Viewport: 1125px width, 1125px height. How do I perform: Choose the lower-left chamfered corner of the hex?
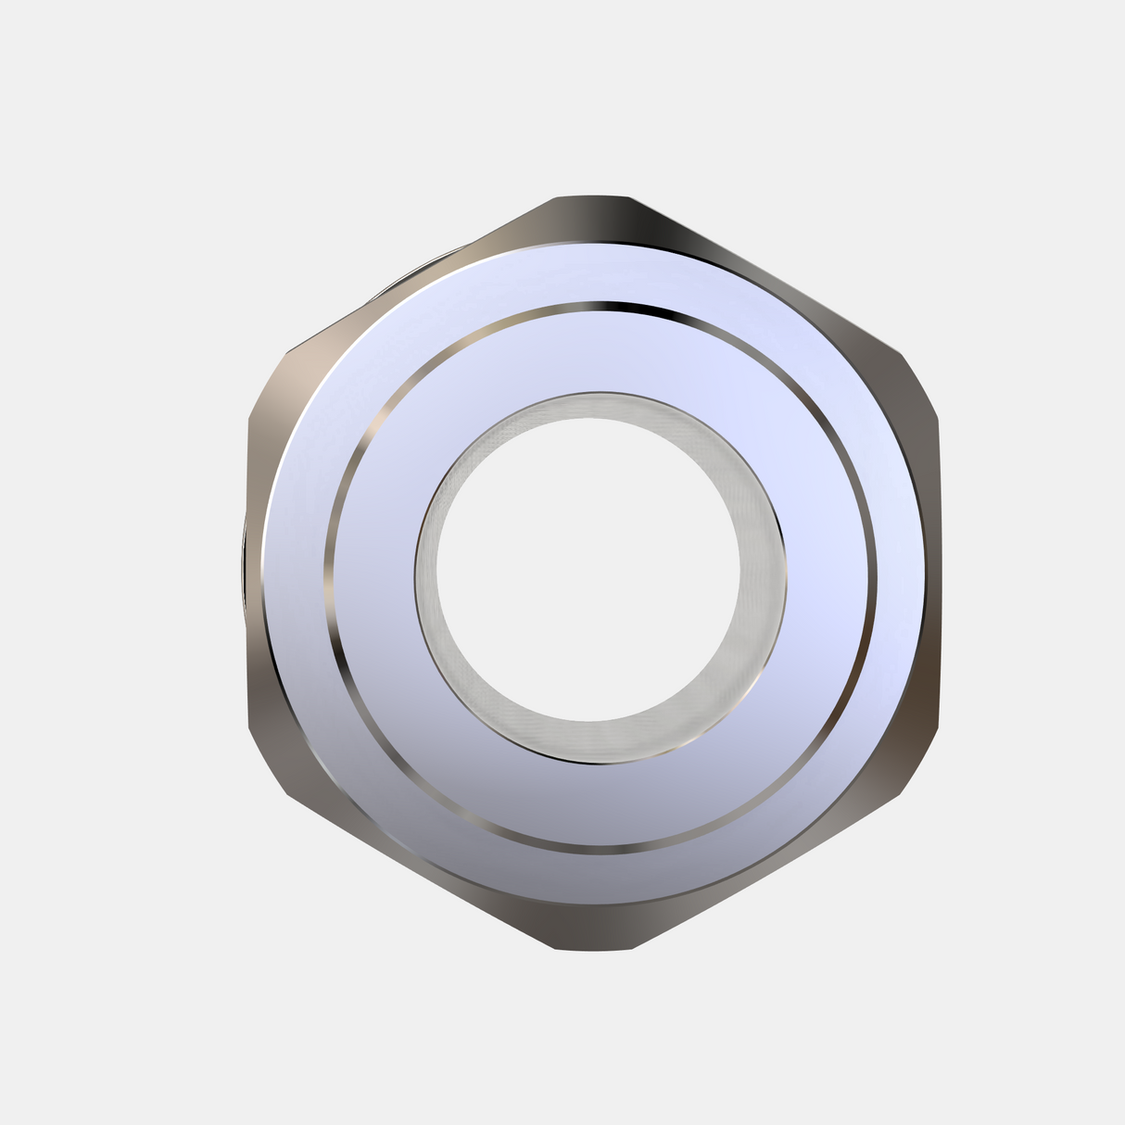point(269,760)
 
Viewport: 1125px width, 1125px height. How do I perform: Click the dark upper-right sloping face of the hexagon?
point(741,259)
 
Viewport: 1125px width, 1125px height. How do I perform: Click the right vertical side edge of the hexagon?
point(939,565)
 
